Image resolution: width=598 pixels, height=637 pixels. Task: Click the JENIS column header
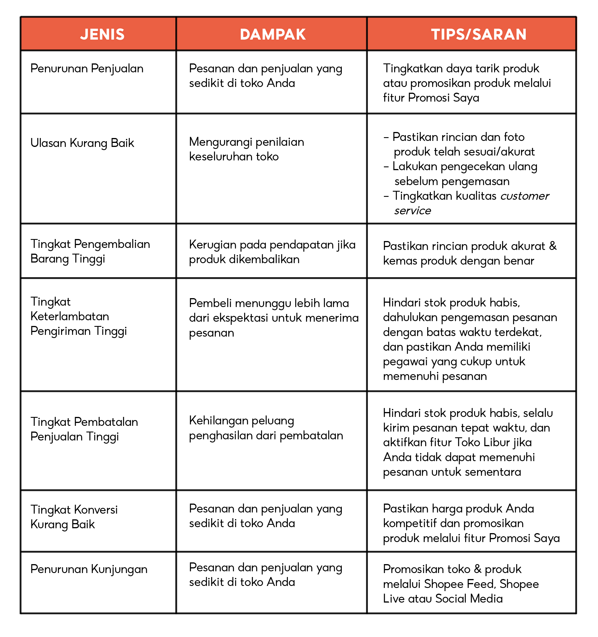(x=102, y=34)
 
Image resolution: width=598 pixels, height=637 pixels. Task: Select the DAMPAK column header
(x=273, y=34)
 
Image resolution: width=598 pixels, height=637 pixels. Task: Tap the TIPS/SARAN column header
(x=479, y=34)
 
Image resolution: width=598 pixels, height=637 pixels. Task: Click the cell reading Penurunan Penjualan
(x=87, y=69)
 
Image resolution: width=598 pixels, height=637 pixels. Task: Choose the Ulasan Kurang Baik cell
(x=82, y=143)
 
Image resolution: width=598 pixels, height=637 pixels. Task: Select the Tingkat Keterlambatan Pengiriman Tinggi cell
(x=79, y=316)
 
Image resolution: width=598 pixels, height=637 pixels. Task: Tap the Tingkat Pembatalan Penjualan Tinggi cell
(x=84, y=429)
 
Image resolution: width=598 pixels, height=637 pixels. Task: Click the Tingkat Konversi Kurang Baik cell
(x=74, y=517)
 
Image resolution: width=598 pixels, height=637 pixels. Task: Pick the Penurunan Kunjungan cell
(x=89, y=569)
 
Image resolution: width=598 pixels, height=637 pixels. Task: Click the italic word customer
(x=525, y=196)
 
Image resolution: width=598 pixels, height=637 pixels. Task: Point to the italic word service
(x=413, y=211)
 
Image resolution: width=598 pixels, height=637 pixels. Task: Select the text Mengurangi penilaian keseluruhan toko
(x=246, y=149)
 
